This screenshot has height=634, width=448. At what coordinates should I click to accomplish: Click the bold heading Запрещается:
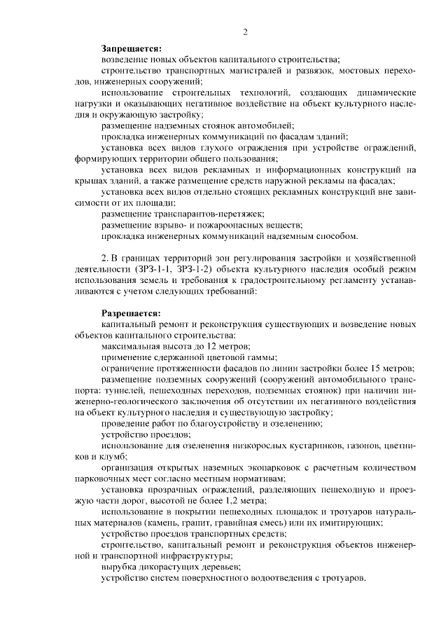(x=131, y=49)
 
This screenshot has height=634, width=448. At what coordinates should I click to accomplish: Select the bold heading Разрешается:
(x=131, y=313)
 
